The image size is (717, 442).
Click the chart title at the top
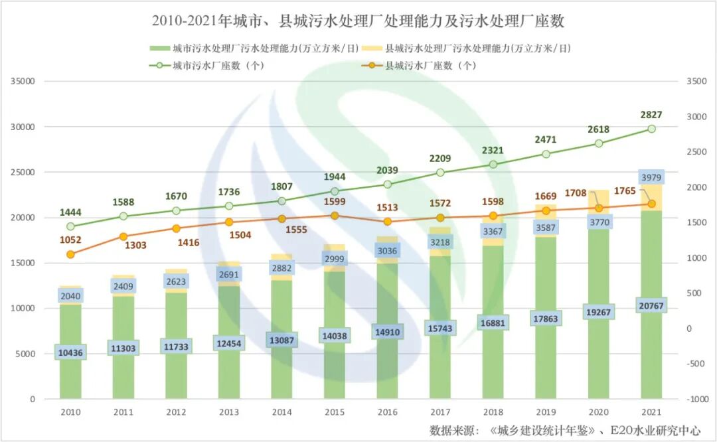pyautogui.click(x=358, y=21)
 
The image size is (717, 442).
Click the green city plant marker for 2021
pyautogui.click(x=652, y=129)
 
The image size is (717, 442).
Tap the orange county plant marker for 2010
pyautogui.click(x=70, y=254)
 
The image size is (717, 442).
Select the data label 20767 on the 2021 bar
pyautogui.click(x=651, y=306)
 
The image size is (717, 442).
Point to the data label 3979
pyautogui.click(x=651, y=177)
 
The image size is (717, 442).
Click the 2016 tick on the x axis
pyautogui.click(x=387, y=412)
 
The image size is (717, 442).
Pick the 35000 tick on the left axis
pyautogui.click(x=23, y=82)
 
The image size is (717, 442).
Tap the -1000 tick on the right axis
pyautogui.click(x=697, y=399)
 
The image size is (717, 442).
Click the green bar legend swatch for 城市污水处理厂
pyautogui.click(x=159, y=48)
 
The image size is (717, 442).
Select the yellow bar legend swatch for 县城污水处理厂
pyautogui.click(x=372, y=48)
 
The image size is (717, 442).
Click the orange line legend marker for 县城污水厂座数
pyautogui.click(x=372, y=65)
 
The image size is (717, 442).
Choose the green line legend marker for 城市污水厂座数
pyautogui.click(x=159, y=65)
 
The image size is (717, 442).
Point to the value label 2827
pyautogui.click(x=651, y=115)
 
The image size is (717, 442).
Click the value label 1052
pyautogui.click(x=70, y=240)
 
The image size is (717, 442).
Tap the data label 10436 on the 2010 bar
pyautogui.click(x=70, y=352)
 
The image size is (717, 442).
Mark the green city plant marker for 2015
pyautogui.click(x=335, y=192)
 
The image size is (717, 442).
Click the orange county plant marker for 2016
pyautogui.click(x=387, y=222)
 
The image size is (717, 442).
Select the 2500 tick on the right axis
pyautogui.click(x=696, y=152)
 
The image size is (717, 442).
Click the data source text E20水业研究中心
pyautogui.click(x=655, y=430)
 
